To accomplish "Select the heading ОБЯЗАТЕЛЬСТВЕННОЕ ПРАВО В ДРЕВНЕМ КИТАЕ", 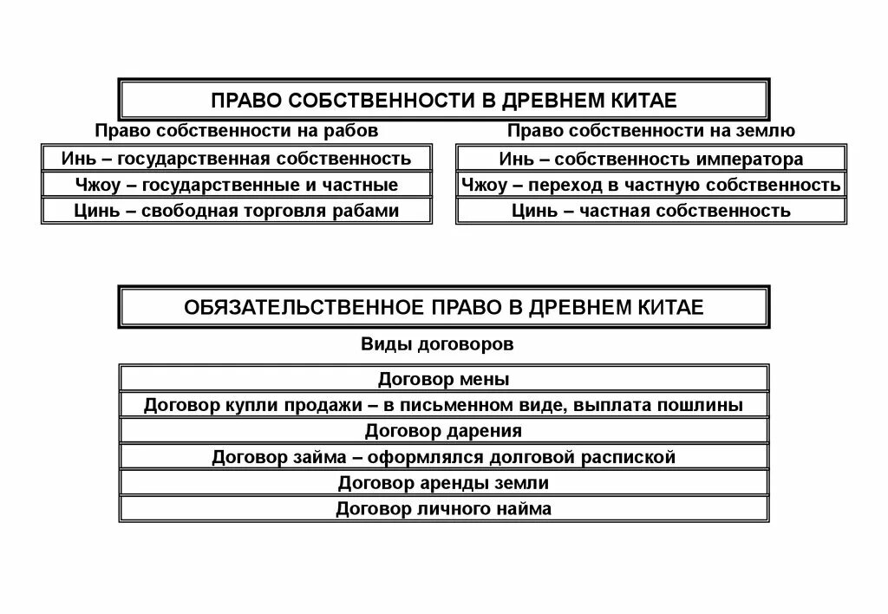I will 443,308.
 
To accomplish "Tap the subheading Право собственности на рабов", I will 236,131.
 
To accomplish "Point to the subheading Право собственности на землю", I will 650,131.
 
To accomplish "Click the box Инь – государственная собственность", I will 236,159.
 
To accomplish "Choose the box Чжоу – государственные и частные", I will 236,185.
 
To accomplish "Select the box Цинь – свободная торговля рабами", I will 236,211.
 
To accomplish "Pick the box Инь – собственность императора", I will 650,160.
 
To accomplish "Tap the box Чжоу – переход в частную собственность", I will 650,185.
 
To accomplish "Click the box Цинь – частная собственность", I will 650,211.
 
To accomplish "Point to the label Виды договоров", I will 437,344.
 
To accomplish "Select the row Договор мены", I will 443,379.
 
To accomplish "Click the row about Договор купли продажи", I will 443,405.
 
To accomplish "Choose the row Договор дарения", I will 443,431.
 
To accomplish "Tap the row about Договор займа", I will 443,457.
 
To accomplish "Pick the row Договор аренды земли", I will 443,483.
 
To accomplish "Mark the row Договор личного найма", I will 443,509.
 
